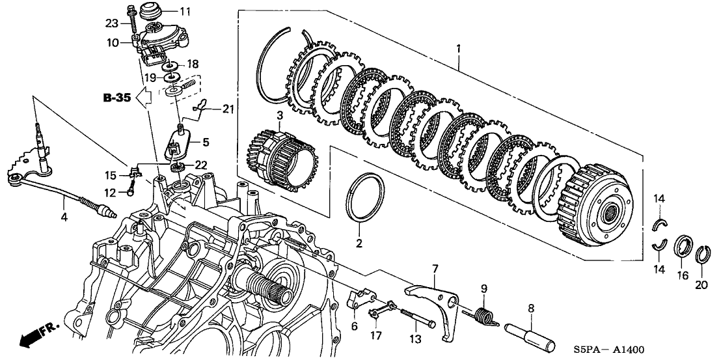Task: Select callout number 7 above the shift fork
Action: [435, 268]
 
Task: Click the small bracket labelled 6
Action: [358, 300]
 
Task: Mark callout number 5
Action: [206, 140]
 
